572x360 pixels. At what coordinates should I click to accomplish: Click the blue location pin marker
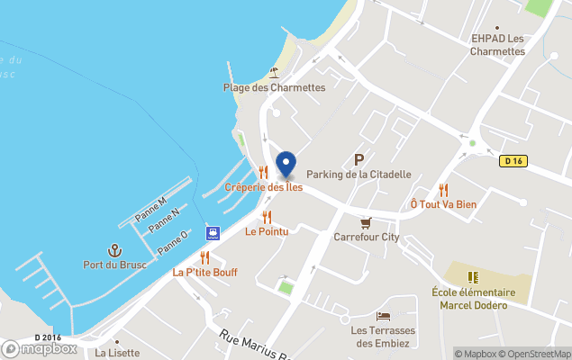tap(286, 165)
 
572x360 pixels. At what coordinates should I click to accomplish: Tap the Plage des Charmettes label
tap(274, 87)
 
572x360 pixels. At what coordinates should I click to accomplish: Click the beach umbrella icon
tap(274, 72)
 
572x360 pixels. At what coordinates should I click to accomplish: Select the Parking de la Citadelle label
tap(359, 174)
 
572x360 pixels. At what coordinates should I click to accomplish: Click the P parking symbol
tap(359, 158)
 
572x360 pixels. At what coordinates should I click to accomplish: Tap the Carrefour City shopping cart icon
tap(366, 222)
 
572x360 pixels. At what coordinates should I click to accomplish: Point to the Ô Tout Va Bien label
tap(443, 204)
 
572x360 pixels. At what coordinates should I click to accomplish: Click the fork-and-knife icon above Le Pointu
tap(267, 217)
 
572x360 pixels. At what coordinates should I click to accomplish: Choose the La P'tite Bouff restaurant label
tap(205, 272)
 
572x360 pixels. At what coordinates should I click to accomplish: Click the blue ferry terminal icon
tap(213, 233)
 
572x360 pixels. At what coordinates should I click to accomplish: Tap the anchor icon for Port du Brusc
tap(114, 249)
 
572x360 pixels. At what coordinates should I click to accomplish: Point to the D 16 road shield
tap(513, 161)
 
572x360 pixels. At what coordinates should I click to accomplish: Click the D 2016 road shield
tap(48, 337)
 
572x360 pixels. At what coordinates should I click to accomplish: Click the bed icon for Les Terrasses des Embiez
tap(384, 316)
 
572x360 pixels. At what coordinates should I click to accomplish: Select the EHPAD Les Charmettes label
tap(497, 45)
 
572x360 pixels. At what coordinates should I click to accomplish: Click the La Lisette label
tap(117, 353)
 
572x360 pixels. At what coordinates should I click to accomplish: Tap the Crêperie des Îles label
tap(263, 187)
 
